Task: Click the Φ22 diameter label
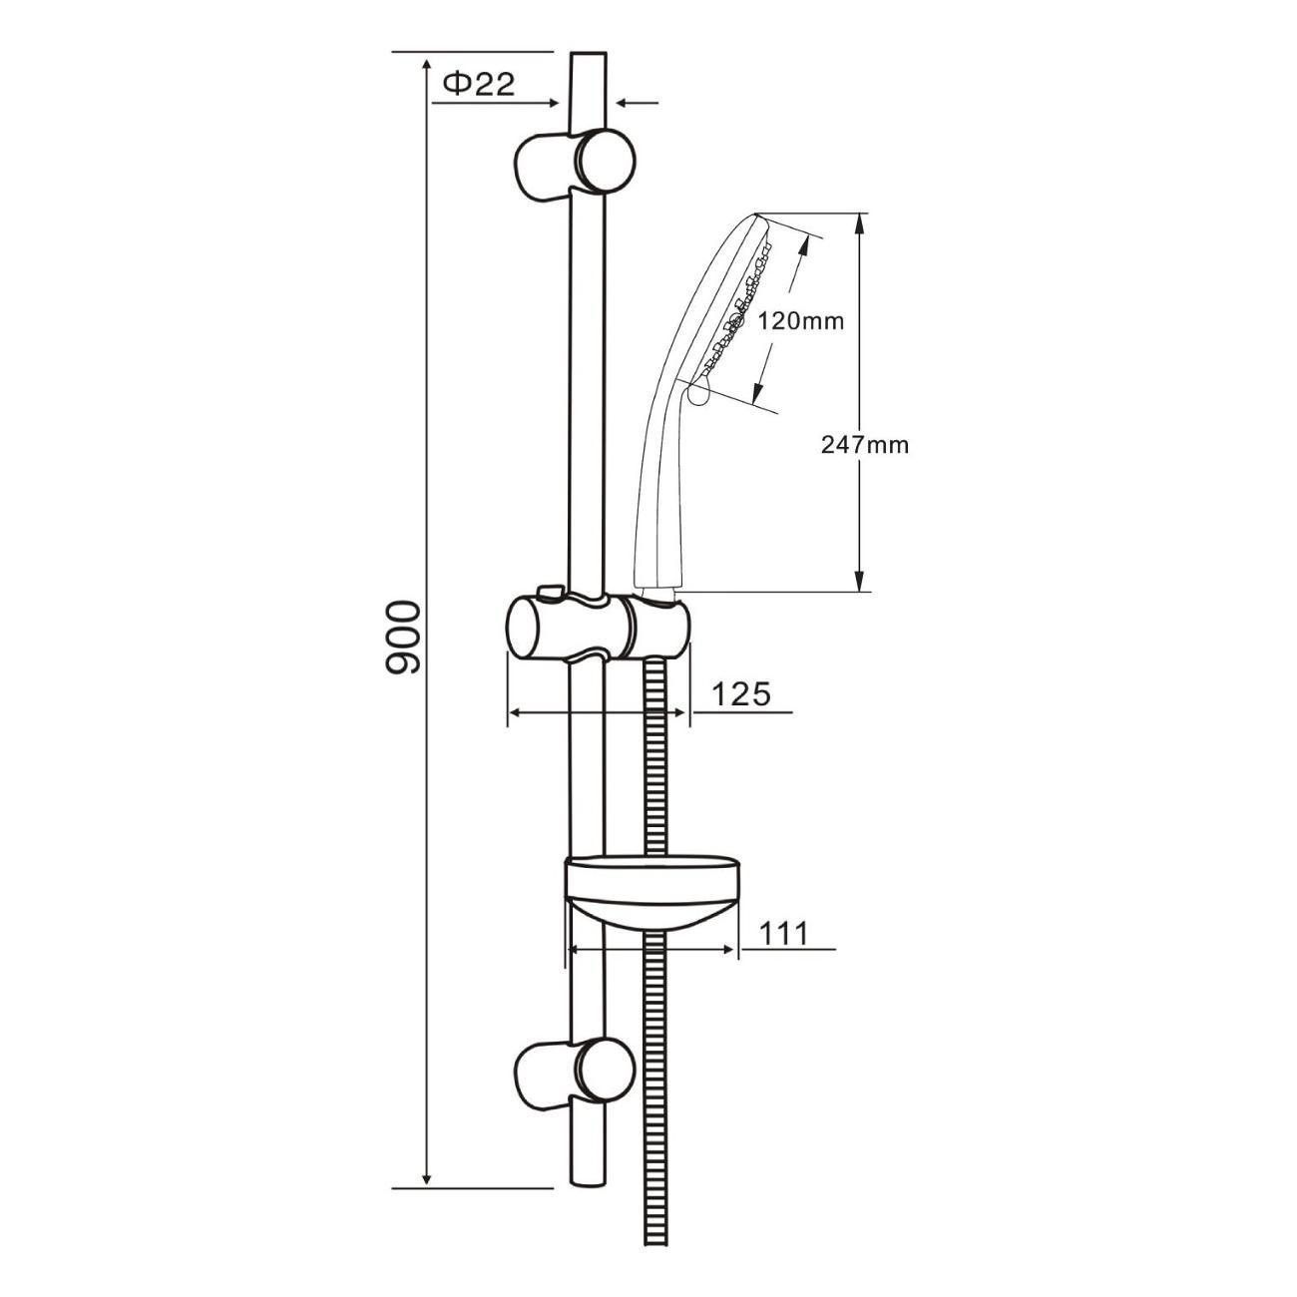[479, 84]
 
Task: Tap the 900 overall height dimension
[402, 637]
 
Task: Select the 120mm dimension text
[800, 321]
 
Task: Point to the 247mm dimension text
[864, 445]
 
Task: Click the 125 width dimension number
[740, 693]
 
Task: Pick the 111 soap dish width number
[783, 933]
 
